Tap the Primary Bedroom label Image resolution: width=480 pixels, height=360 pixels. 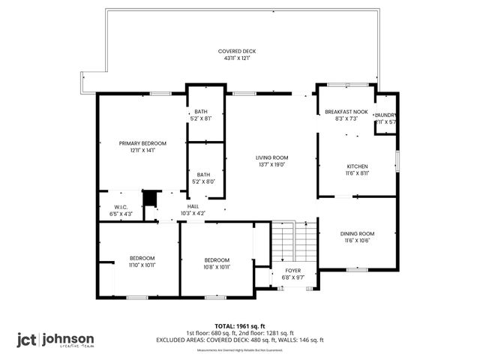coord(142,143)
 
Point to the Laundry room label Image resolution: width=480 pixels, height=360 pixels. coord(385,115)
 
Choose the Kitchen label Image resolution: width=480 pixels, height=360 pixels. coord(357,166)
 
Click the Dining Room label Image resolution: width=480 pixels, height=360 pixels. coord(357,234)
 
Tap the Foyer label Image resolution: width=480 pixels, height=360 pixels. coord(292,271)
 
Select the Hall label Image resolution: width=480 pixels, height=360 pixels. coord(193,206)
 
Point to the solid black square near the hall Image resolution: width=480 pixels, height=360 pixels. coord(150,197)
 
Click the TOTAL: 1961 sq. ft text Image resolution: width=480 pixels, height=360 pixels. coord(240,326)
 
